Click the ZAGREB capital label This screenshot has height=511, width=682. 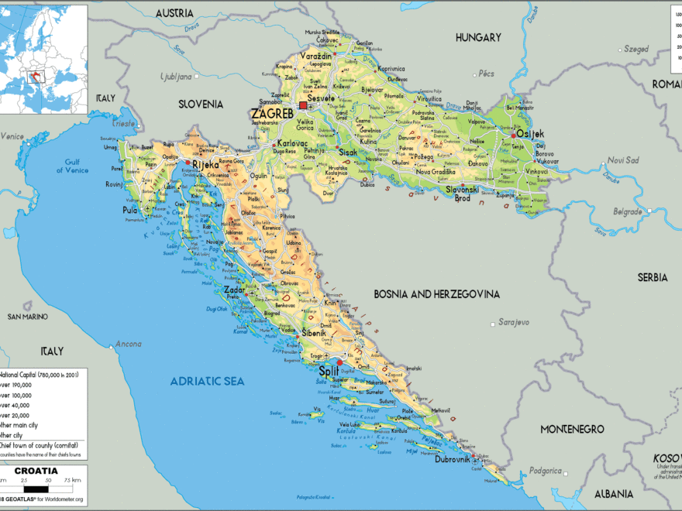click(272, 114)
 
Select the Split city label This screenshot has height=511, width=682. click(329, 372)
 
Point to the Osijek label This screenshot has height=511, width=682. click(531, 134)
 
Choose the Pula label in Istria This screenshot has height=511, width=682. click(130, 210)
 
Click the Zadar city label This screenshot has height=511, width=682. click(233, 290)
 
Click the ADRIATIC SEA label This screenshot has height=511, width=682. click(208, 381)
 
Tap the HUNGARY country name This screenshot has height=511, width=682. click(478, 37)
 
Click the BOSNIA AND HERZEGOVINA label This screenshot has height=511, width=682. click(437, 294)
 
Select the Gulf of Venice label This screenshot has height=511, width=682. click(72, 165)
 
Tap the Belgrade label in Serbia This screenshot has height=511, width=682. click(627, 211)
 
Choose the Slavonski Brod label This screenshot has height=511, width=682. click(463, 194)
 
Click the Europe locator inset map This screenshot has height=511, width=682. click(44, 59)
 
